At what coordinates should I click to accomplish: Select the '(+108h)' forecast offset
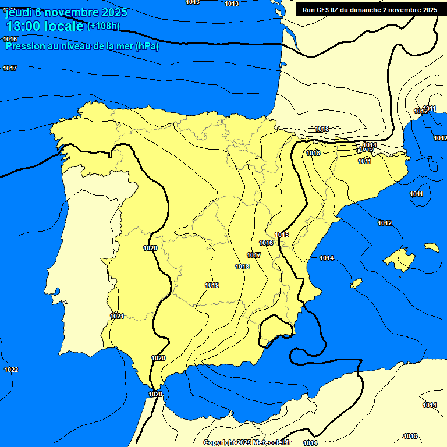103,26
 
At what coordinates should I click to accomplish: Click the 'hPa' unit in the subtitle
146,47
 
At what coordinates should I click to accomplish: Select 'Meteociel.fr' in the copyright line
271,443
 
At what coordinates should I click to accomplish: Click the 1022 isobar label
11,370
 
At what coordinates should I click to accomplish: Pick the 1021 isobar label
117,316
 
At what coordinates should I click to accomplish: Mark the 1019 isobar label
212,285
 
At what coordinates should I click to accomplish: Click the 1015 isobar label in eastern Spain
282,235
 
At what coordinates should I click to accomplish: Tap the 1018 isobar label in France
322,129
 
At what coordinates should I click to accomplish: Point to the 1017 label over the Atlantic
10,68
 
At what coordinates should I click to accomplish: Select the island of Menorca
431,247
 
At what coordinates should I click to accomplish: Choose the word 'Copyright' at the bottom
220,443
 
